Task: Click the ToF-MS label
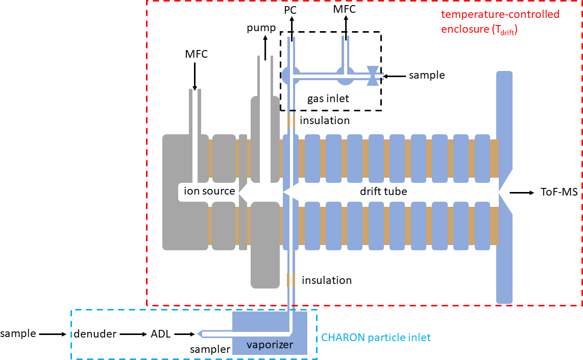coord(559,193)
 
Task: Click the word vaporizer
coord(270,345)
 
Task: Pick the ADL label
coord(160,334)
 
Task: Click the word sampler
coord(209,349)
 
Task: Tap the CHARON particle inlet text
coord(376,337)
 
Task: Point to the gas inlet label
coord(328,99)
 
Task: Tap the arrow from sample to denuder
coord(53,334)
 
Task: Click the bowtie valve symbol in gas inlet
coord(374,76)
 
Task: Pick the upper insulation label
coord(325,121)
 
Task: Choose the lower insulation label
coord(327,280)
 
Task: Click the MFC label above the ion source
coord(197,54)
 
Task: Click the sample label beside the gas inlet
coord(427,76)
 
